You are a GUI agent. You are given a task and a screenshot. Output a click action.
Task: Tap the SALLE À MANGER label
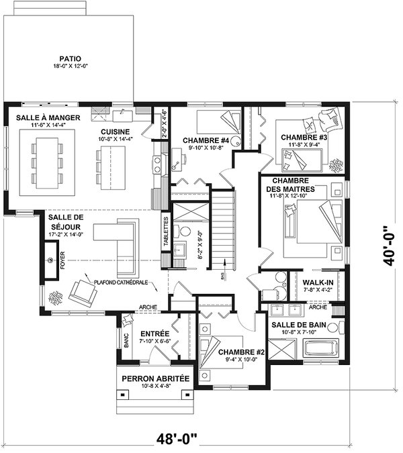48,118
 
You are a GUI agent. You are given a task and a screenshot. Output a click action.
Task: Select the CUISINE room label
116,131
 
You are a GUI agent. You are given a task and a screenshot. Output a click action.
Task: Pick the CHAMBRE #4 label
206,140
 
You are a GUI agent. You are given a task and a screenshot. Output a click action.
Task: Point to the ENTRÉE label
154,333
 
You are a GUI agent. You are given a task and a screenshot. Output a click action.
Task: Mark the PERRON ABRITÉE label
155,379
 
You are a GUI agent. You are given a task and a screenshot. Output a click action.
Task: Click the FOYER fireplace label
62,259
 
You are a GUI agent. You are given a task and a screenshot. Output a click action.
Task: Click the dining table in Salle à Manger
46,162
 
